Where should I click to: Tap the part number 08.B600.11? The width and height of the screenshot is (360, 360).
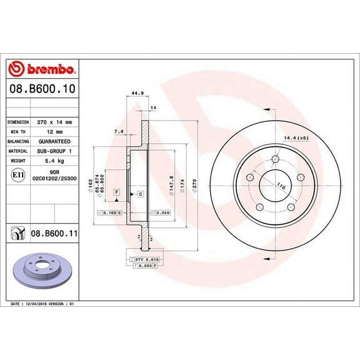click(x=53, y=234)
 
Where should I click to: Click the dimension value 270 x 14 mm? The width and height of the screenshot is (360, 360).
click(x=56, y=122)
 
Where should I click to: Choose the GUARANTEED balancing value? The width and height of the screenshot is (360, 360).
click(x=56, y=141)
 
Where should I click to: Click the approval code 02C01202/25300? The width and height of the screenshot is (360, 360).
click(x=56, y=179)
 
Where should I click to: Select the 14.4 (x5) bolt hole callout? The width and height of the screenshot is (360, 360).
click(x=296, y=137)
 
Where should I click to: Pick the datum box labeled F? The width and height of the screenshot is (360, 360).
click(x=116, y=192)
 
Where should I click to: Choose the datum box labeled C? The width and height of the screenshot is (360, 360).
click(x=141, y=194)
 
